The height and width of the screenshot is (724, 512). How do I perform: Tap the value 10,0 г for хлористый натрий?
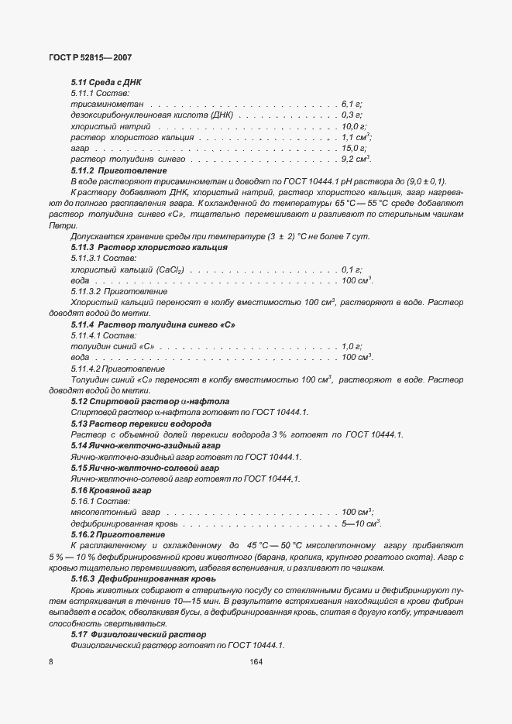[x=354, y=125]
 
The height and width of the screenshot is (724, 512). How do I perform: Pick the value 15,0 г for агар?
[x=354, y=147]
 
